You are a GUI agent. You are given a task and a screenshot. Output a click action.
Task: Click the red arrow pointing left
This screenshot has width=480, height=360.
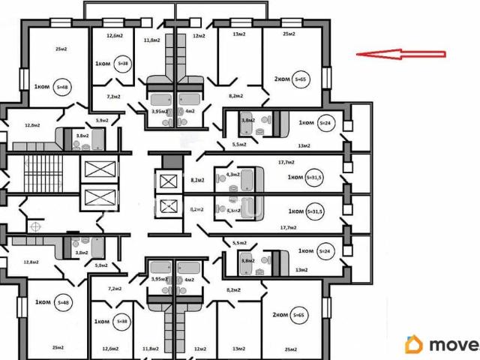401,54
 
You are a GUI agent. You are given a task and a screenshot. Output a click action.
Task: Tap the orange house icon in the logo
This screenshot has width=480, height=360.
413,344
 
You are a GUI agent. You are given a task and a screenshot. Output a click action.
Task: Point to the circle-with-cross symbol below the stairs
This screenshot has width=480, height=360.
35,224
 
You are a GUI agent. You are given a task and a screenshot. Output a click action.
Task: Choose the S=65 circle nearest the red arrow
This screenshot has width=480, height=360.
301,79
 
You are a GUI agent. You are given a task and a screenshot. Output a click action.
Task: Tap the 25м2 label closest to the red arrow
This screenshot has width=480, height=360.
289,34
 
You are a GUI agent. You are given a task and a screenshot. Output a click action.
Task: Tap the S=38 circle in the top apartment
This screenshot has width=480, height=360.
124,64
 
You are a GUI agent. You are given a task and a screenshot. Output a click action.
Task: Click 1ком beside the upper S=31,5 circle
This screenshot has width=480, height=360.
295,178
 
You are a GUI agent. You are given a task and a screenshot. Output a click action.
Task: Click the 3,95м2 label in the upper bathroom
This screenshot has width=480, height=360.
158,111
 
